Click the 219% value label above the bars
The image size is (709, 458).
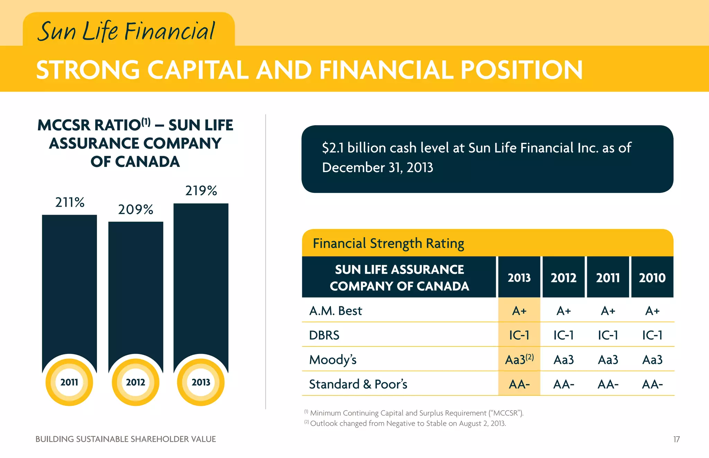tap(201, 191)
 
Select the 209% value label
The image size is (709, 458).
tap(135, 209)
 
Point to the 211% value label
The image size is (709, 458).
tap(70, 203)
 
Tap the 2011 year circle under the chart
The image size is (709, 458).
tap(69, 382)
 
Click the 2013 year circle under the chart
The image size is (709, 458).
tap(201, 382)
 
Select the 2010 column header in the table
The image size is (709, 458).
tap(652, 278)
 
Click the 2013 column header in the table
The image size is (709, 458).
tap(519, 278)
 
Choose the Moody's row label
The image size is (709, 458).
tap(333, 360)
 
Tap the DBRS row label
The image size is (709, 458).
tap(324, 335)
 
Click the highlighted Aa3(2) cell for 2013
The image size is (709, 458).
tap(519, 360)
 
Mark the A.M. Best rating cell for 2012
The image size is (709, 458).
tap(563, 311)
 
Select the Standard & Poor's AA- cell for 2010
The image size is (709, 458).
tap(652, 384)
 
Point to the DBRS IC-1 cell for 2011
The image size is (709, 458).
tap(608, 335)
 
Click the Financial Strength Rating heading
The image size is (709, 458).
tap(388, 244)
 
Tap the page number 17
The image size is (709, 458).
tap(676, 439)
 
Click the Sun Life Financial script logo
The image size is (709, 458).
tap(126, 31)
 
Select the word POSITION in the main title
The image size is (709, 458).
tap(521, 70)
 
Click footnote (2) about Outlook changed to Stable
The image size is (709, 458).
tap(405, 423)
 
